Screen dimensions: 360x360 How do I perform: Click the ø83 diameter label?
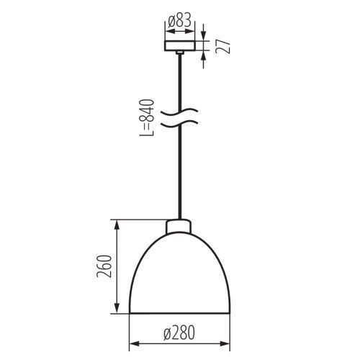[179, 20]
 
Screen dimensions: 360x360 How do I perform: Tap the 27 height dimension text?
[223, 46]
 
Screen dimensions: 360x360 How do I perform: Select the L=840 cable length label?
[146, 117]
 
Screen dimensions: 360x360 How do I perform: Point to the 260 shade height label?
[104, 266]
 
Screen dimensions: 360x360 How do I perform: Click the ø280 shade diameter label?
[179, 333]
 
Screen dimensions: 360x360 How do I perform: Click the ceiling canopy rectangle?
[180, 46]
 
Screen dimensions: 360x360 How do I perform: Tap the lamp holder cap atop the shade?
[179, 226]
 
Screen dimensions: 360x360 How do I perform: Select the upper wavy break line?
[179, 112]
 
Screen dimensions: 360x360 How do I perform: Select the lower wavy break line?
[179, 124]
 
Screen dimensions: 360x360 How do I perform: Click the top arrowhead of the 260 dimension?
[117, 225]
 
